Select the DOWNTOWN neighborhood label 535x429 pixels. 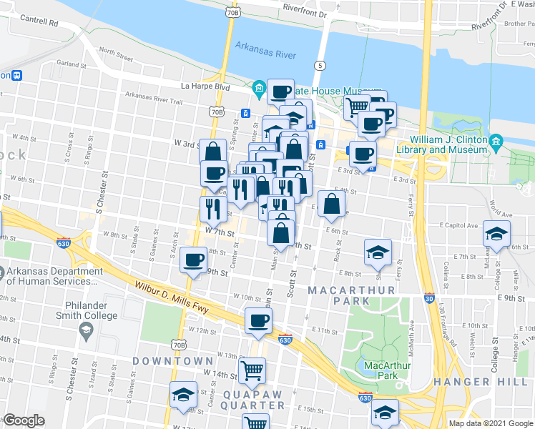[x=172, y=361]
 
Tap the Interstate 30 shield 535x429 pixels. [x=428, y=297]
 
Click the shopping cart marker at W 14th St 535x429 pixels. [x=252, y=371]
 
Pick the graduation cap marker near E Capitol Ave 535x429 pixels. [x=496, y=235]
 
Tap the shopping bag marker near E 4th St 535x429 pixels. [x=330, y=204]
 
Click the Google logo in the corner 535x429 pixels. [x=24, y=420]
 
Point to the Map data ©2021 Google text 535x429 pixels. [x=491, y=423]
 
